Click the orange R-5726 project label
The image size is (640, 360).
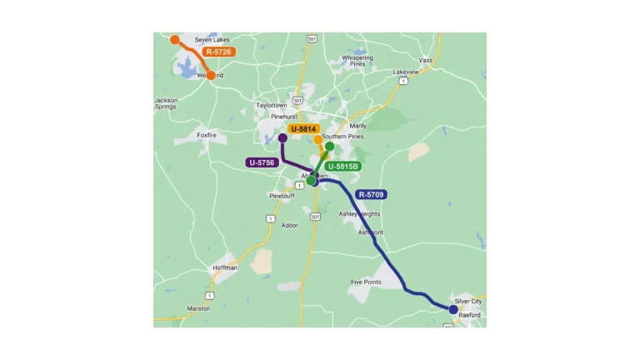pos(218,52)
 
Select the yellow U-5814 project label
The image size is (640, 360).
pos(304,129)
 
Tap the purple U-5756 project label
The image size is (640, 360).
pos(262,162)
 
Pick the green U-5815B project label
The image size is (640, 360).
pos(342,167)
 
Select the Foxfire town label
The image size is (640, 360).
pos(207,134)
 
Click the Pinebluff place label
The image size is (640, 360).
pos(282,196)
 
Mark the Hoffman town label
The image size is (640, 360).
pos(225,267)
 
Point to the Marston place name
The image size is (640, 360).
pos(198,308)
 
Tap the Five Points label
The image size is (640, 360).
pos(367,282)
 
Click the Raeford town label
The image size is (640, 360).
pos(470,315)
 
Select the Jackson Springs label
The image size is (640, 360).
pos(166,104)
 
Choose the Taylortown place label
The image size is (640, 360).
pos(272,106)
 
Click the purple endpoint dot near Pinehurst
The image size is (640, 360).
pos(282,137)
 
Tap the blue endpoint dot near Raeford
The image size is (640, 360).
pos(453,309)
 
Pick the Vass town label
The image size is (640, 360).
pos(426,60)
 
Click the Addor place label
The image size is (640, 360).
pos(290,225)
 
